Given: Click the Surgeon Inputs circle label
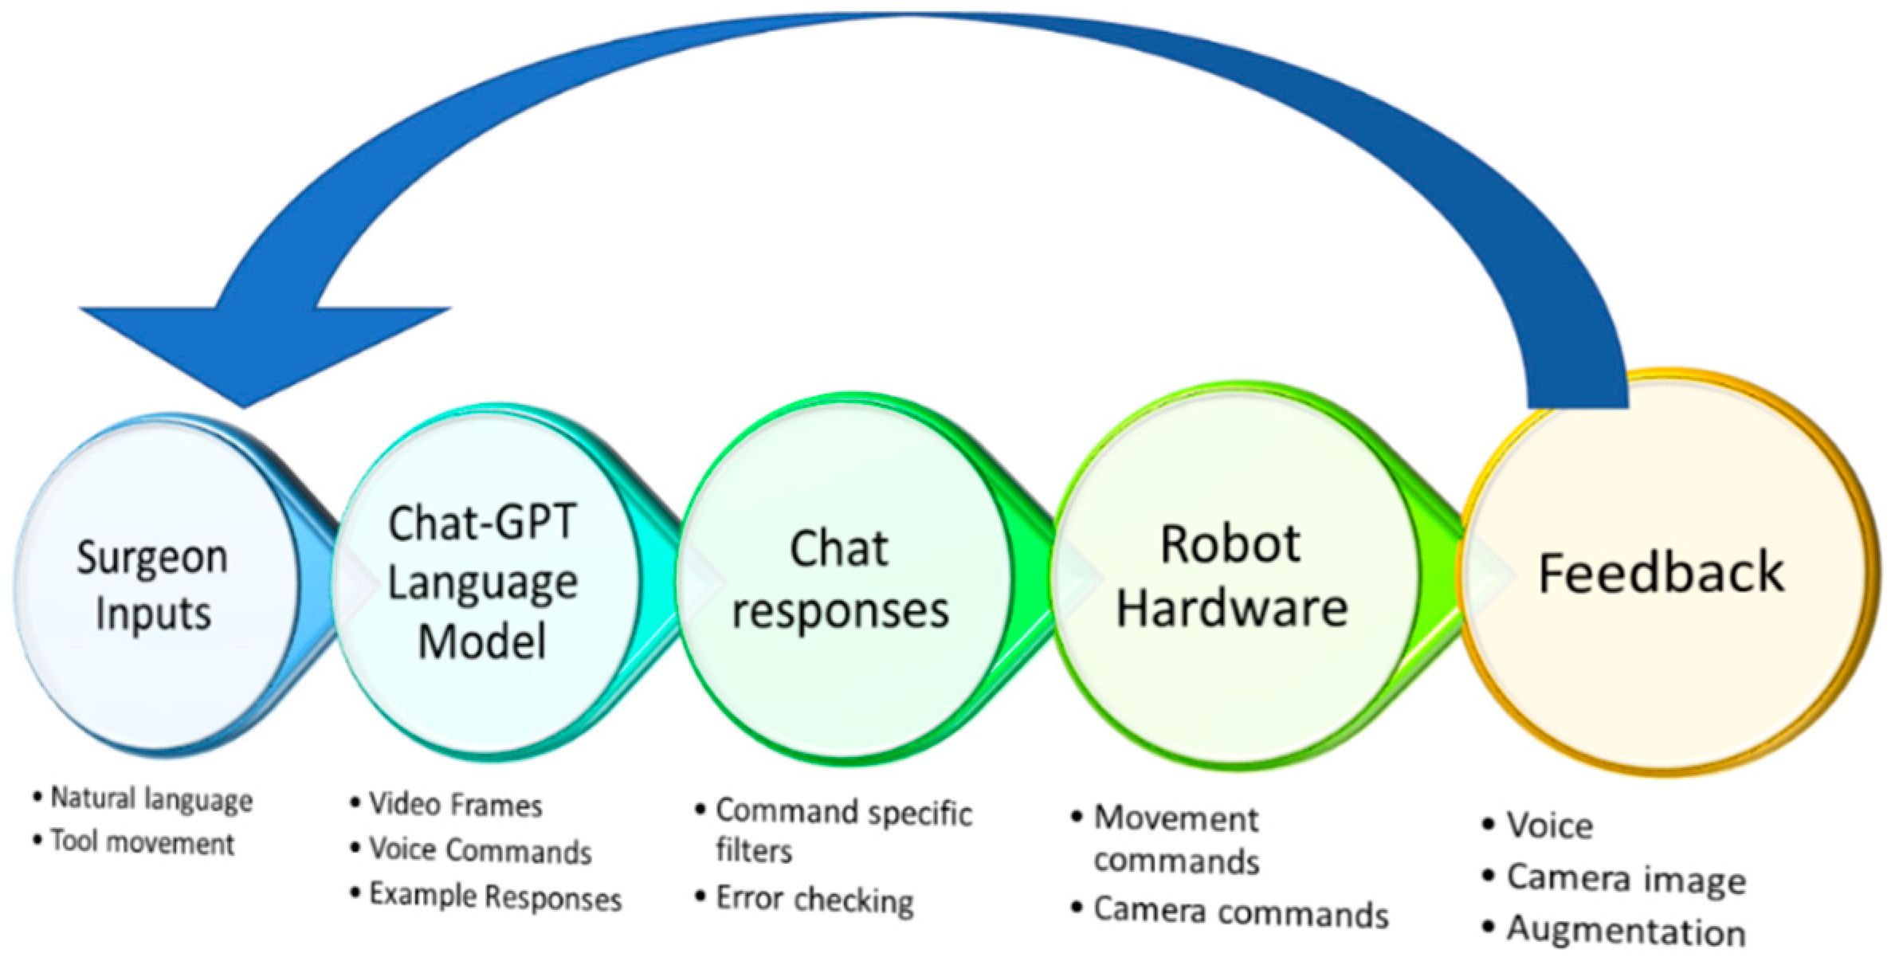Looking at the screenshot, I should tap(152, 585).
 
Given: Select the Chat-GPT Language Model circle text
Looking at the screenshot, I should tap(482, 582).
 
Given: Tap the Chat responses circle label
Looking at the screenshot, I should tap(840, 579).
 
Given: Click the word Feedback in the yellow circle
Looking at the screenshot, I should tap(1661, 573).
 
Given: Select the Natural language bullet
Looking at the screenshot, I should tap(151, 798).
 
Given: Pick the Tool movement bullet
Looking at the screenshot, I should tap(142, 842).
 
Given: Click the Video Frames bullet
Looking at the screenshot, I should tap(455, 805).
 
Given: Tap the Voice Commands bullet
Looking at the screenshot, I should tap(480, 850).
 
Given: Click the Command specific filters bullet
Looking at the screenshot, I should tap(843, 829).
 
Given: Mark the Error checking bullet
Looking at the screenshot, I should tap(814, 900).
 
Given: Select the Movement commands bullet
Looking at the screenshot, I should tap(1176, 839).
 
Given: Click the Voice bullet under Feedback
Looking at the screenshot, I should tap(1549, 826).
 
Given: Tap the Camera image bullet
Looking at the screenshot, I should tap(1626, 879).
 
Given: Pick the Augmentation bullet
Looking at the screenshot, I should tap(1626, 932).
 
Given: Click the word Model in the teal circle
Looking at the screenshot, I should tap(482, 641).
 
